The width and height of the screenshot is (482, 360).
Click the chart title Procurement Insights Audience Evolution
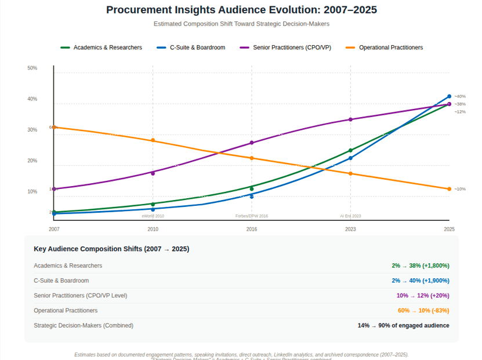pos(241,10)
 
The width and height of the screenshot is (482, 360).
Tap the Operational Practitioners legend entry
pos(390,48)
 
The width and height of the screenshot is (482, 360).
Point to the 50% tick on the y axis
pos(32,68)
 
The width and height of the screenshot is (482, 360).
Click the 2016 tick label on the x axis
pos(252,230)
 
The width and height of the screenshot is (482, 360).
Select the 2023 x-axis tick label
pos(350,230)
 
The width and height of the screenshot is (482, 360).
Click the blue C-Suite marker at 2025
pos(449,96)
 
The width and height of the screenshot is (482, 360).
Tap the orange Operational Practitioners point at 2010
pos(153,140)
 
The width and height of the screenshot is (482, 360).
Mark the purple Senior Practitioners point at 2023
pos(350,119)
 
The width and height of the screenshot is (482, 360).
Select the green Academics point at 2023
pos(350,151)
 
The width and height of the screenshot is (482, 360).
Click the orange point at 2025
pos(449,189)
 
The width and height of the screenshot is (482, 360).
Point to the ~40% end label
pos(460,96)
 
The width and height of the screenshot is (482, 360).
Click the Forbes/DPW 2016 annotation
pos(252,216)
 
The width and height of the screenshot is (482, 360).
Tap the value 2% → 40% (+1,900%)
pos(420,281)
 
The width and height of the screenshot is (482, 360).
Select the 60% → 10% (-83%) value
pos(423,311)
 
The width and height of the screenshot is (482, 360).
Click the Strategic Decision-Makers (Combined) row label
pos(84,326)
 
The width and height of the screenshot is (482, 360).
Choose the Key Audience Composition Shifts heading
pos(111,249)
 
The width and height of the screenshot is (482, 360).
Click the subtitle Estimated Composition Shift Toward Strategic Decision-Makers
pos(241,24)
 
